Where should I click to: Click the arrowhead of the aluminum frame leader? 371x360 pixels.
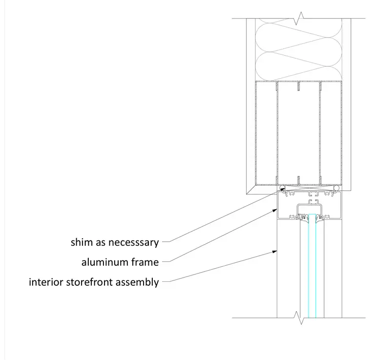point(275,210)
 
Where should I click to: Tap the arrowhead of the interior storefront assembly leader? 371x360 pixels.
point(275,252)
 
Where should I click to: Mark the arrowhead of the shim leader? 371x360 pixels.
point(282,190)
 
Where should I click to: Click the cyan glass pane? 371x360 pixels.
point(312,266)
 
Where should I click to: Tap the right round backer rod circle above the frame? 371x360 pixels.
point(336,188)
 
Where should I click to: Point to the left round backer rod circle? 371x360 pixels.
point(282,188)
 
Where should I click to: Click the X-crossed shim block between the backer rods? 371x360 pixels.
point(309,188)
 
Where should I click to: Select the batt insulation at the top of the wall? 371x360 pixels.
point(299,49)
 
